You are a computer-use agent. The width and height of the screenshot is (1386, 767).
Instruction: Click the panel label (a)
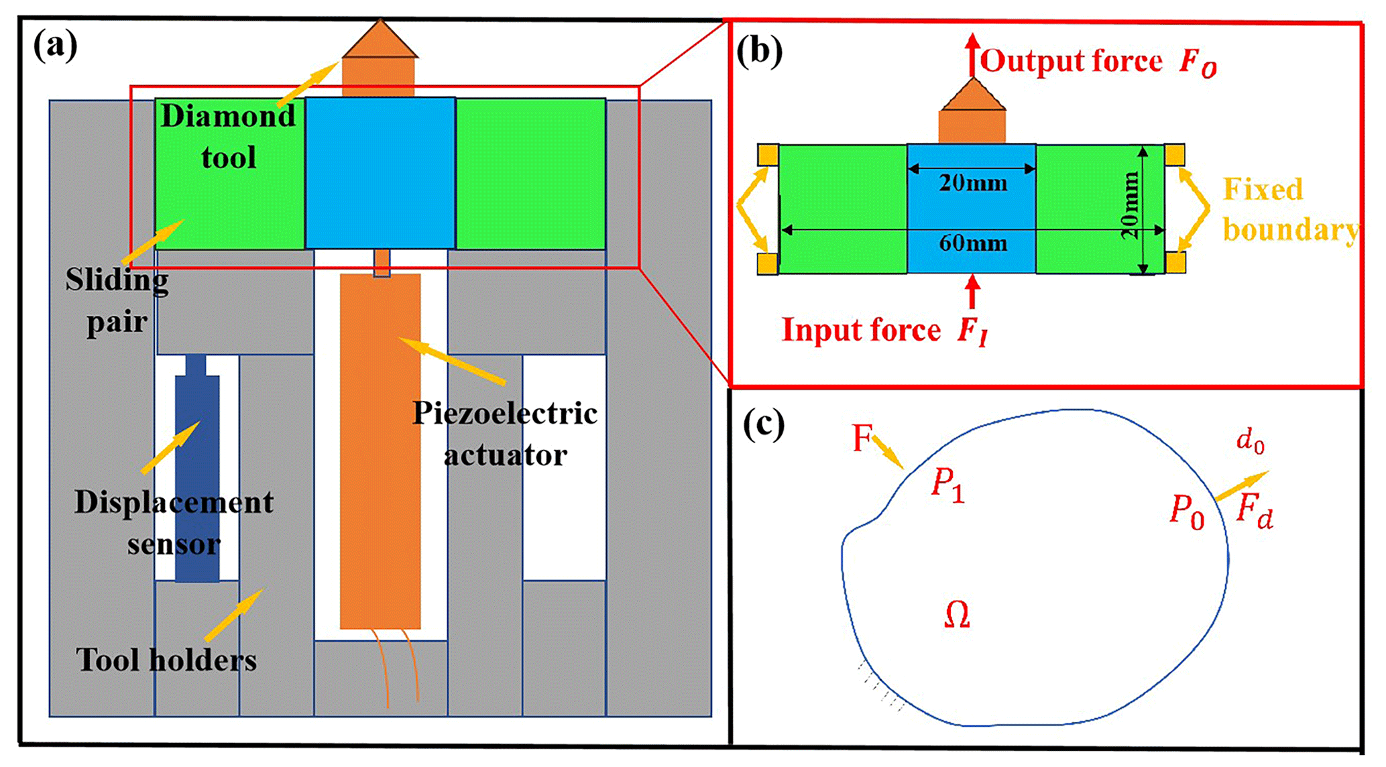click(55, 47)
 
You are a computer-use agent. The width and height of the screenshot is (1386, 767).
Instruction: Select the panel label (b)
click(758, 52)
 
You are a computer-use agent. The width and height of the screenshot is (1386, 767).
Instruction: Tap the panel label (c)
click(763, 424)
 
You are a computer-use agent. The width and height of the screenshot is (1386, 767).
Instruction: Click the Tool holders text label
click(166, 660)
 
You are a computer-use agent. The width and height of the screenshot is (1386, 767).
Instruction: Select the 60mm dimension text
click(972, 243)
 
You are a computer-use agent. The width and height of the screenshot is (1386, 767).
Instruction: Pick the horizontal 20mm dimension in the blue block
click(972, 182)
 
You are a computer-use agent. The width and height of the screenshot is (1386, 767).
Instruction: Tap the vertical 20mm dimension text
click(1131, 205)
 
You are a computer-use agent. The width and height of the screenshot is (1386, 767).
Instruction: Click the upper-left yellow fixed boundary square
click(768, 155)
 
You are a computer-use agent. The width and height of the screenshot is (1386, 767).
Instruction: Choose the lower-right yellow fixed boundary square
click(1175, 262)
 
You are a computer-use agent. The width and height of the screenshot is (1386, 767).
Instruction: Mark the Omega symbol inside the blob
click(956, 615)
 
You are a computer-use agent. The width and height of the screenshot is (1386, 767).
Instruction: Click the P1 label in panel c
click(947, 484)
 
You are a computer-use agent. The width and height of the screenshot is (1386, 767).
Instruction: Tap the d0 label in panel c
click(1250, 442)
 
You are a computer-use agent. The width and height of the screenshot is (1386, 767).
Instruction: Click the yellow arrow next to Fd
click(1241, 486)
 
